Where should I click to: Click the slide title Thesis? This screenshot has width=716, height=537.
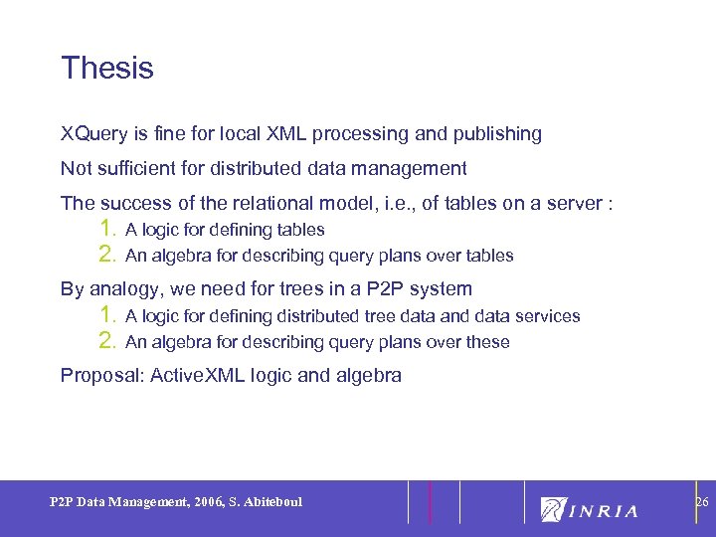pos(107,69)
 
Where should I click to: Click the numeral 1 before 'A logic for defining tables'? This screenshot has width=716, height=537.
pos(108,229)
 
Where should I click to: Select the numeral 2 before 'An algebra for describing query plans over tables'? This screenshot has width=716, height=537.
pos(108,255)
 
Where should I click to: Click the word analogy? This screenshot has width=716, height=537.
pos(124,290)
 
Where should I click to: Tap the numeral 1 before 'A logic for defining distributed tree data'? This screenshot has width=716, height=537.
pos(108,315)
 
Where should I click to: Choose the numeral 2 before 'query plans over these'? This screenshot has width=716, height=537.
pos(108,341)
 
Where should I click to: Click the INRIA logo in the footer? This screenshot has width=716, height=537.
pos(589,509)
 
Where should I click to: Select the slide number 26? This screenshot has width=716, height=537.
pos(701,502)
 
